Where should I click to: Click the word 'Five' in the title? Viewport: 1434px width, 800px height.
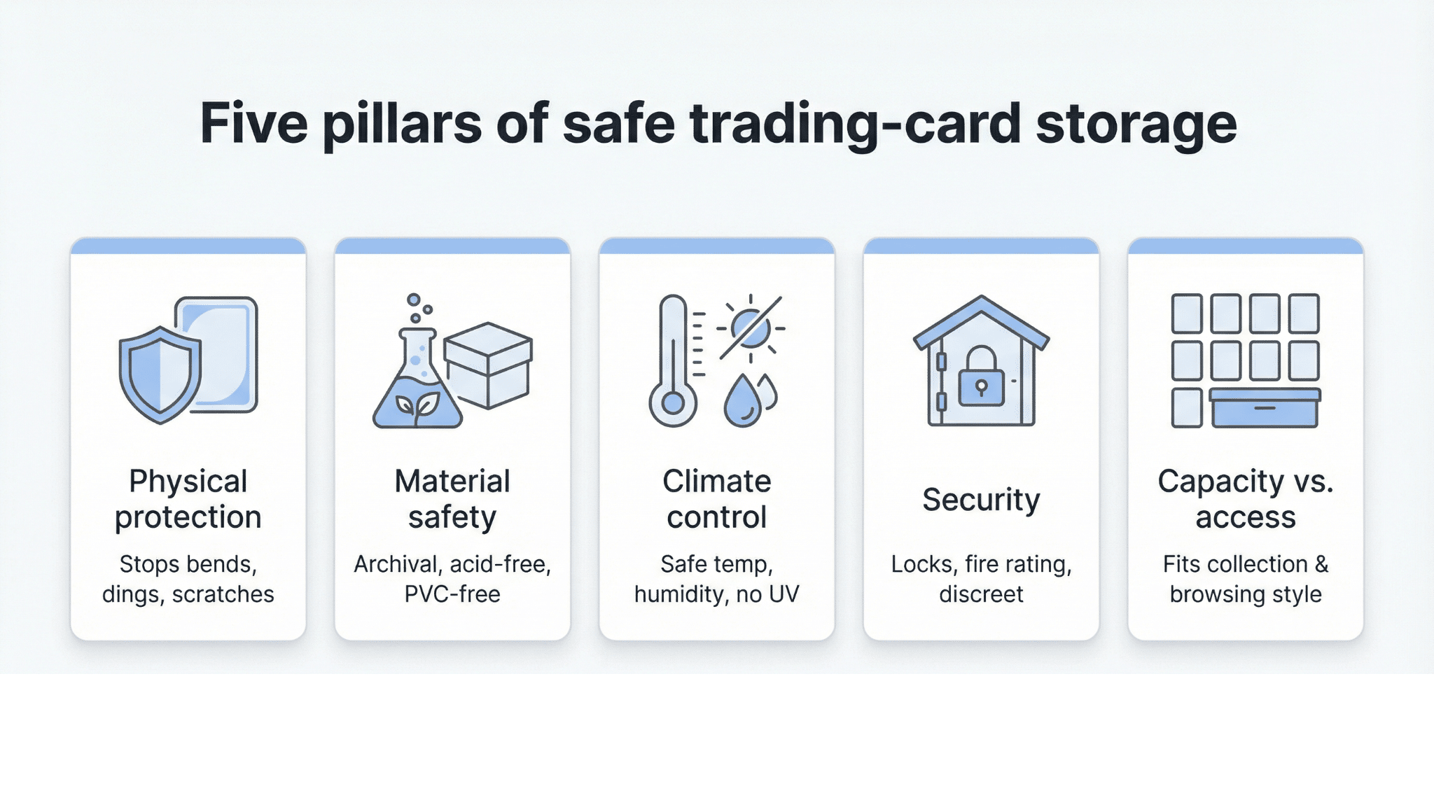tap(253, 123)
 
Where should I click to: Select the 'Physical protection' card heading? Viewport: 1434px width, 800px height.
tap(188, 499)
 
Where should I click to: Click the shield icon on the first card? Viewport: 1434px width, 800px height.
tap(160, 374)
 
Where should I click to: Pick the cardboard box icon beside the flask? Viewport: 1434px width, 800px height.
tap(488, 365)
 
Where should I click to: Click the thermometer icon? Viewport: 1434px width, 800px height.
tap(673, 361)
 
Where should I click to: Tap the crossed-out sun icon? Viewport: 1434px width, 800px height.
tap(751, 328)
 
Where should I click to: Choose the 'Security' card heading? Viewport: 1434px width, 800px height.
tap(981, 500)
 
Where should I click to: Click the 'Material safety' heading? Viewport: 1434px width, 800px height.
tap(452, 499)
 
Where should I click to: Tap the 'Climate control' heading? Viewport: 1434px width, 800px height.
tap(717, 499)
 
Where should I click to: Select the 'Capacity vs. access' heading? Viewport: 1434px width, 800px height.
tap(1246, 499)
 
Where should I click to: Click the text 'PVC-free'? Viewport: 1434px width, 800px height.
tap(452, 594)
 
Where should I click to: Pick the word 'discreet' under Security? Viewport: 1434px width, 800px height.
tap(981, 594)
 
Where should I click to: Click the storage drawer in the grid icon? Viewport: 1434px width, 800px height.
tap(1265, 407)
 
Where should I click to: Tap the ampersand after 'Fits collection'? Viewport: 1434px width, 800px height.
tap(1321, 564)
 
